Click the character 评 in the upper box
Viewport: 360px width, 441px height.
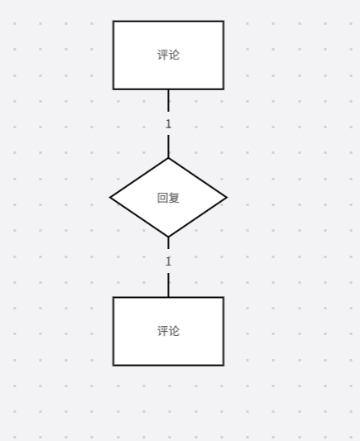click(162, 55)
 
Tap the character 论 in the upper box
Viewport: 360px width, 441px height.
click(174, 55)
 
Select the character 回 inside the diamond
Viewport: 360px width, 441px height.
click(162, 198)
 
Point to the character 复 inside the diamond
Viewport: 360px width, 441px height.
click(174, 198)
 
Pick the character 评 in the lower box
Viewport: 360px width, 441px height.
click(162, 331)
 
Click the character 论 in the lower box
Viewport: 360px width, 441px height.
click(174, 331)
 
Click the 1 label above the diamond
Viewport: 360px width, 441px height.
click(168, 124)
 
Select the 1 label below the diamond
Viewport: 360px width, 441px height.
click(168, 261)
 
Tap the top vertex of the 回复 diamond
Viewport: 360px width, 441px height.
click(168, 158)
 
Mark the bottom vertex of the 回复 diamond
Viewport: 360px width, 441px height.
click(168, 237)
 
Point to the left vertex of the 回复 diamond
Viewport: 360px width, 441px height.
click(110, 198)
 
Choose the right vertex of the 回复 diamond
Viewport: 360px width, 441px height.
click(227, 198)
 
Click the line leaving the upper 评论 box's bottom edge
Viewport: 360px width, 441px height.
click(168, 100)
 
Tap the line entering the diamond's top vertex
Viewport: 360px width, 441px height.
click(168, 146)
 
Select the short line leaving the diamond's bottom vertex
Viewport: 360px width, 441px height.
click(168, 243)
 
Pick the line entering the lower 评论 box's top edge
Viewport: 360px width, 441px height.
click(168, 285)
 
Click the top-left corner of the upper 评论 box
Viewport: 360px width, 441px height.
click(113, 21)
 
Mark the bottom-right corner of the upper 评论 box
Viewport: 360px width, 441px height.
click(224, 89)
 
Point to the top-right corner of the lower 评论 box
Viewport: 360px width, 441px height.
click(224, 297)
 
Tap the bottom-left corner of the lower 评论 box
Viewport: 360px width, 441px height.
click(113, 366)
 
